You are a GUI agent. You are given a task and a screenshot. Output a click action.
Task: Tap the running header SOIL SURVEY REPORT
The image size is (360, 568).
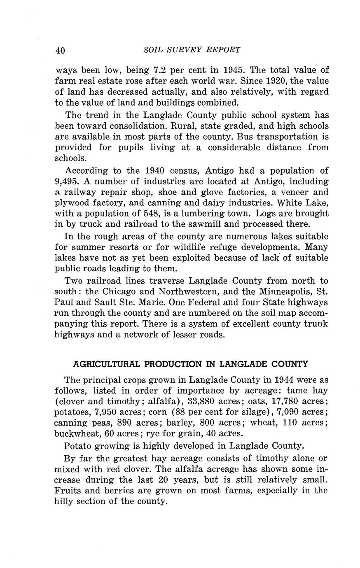(192, 50)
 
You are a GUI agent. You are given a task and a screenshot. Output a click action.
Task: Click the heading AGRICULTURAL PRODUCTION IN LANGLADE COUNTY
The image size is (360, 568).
(190, 364)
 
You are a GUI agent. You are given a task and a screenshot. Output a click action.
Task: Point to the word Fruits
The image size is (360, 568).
(68, 491)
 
